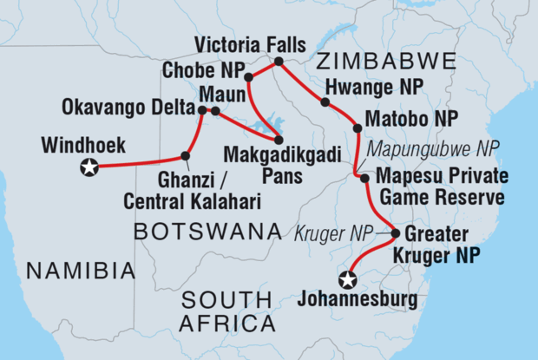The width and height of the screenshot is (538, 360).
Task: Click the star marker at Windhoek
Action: pyautogui.click(x=89, y=168)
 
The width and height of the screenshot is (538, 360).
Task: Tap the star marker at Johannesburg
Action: pyautogui.click(x=348, y=279)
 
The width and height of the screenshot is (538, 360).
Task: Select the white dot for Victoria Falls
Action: pyautogui.click(x=279, y=62)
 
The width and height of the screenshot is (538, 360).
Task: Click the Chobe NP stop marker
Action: pyautogui.click(x=249, y=78)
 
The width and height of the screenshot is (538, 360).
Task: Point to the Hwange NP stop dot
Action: pyautogui.click(x=325, y=102)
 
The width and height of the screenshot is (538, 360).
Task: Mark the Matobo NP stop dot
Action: pyautogui.click(x=357, y=128)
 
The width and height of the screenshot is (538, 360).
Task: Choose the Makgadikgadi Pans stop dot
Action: pyautogui.click(x=279, y=139)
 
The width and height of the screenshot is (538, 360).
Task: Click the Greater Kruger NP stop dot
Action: pyautogui.click(x=396, y=233)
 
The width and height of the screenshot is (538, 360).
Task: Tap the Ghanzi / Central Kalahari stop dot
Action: pyautogui.click(x=185, y=156)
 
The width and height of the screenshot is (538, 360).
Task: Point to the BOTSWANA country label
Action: pyautogui.click(x=208, y=232)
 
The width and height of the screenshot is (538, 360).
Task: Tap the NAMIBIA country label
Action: pyautogui.click(x=81, y=272)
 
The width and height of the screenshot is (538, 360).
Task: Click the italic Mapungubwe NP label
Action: pyautogui.click(x=430, y=148)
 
